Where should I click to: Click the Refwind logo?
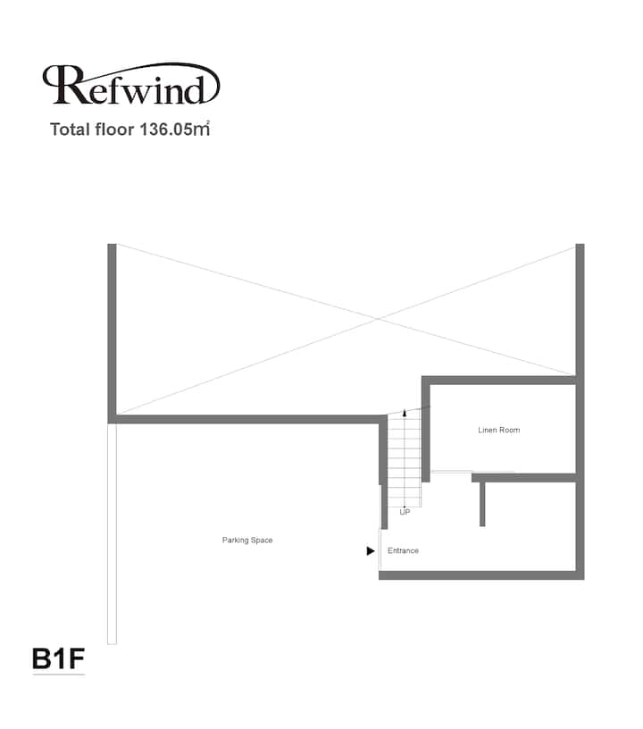pos(131,84)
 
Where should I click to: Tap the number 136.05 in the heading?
pos(166,130)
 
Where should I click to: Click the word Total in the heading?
pos(71,130)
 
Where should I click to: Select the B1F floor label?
pos(59,658)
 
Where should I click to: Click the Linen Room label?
pos(499,430)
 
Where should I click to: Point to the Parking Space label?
pos(247,540)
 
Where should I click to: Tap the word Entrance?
pos(403,550)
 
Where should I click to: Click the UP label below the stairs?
pos(405,512)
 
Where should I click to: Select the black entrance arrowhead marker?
pos(371,551)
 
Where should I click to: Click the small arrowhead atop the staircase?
pos(405,413)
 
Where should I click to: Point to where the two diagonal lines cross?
pos(380,318)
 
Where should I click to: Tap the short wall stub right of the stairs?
pos(482,504)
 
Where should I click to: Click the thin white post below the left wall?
pos(112,533)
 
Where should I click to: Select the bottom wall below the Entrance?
pos(481,575)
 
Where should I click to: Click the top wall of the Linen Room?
pos(499,381)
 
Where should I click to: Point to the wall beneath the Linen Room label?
pos(524,477)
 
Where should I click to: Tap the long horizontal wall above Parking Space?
pos(247,419)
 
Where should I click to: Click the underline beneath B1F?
pos(59,675)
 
